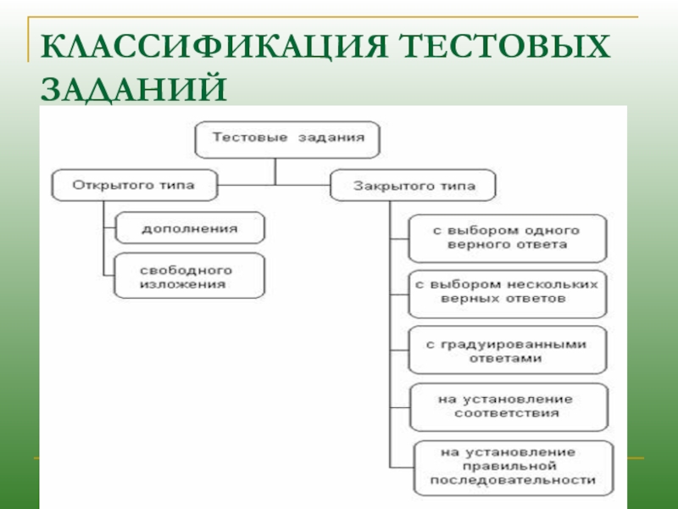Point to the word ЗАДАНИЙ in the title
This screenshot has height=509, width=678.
(132, 88)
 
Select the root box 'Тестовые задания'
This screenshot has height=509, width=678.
(287, 138)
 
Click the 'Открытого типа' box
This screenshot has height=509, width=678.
(133, 184)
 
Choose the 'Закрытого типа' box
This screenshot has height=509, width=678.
(413, 185)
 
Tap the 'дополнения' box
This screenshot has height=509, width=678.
(189, 228)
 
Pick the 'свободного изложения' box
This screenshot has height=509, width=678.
(189, 276)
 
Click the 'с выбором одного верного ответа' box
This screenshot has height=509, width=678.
(507, 237)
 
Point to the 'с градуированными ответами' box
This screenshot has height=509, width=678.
(507, 350)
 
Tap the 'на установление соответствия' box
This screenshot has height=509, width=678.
(507, 406)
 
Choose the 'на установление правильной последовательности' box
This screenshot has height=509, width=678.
(512, 466)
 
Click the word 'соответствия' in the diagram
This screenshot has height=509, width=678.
(506, 413)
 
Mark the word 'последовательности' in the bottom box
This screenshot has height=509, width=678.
(512, 480)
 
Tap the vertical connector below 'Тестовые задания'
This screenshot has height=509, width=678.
(275, 171)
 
